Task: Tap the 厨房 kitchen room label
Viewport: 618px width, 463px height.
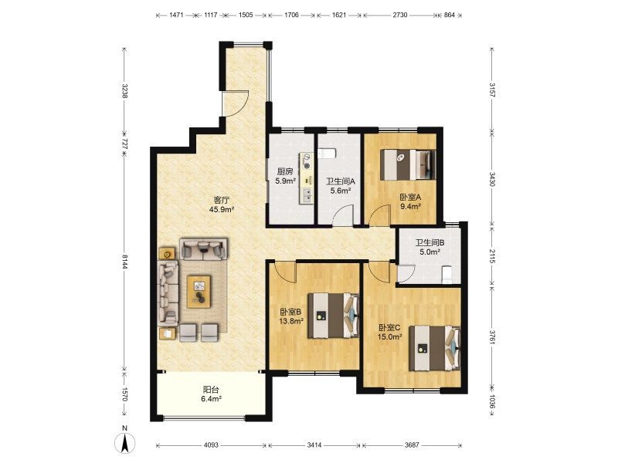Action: tap(284, 171)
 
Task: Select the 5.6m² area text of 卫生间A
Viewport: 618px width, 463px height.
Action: tap(341, 191)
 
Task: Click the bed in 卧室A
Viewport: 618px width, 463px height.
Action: tap(408, 164)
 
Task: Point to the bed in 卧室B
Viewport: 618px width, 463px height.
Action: tap(334, 315)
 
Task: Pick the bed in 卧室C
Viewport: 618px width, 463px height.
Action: tap(435, 348)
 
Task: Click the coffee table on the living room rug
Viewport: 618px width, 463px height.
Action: tap(199, 292)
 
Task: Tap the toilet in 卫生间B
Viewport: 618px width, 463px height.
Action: tap(447, 274)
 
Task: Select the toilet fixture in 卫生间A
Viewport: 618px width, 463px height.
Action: tap(326, 153)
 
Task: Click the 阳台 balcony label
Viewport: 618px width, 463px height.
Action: tap(211, 390)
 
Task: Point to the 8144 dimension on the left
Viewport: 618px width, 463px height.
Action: tap(124, 261)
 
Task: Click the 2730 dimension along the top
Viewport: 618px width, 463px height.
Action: tap(400, 15)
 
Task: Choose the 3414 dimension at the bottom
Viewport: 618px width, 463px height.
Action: tap(314, 445)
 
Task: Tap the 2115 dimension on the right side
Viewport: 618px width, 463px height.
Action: tap(492, 256)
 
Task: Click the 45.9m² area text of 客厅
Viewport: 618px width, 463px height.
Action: tap(222, 209)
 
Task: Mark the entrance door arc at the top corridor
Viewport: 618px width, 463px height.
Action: tap(236, 103)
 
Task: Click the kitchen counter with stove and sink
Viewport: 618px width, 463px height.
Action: tap(307, 178)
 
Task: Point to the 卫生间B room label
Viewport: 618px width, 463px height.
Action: tap(430, 243)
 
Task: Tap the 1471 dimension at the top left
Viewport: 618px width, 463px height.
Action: tap(176, 15)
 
